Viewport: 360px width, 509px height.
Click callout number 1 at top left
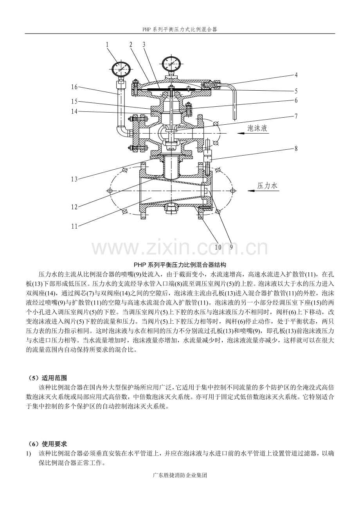click(x=107, y=45)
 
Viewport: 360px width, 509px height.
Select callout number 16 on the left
click(x=74, y=87)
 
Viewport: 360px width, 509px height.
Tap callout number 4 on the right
click(x=296, y=74)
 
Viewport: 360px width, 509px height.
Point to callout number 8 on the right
click(x=296, y=149)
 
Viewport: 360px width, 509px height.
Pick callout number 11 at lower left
click(x=74, y=226)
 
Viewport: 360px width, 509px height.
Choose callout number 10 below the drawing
click(x=218, y=247)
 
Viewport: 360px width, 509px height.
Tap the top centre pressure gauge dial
click(x=171, y=64)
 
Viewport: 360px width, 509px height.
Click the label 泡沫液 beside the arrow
click(x=257, y=128)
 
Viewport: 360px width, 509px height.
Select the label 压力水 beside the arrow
click(x=267, y=186)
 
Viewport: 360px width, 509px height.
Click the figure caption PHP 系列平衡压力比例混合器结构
click(x=180, y=264)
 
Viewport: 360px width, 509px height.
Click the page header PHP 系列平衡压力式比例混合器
click(x=180, y=29)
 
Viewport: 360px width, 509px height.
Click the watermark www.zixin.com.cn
click(x=180, y=248)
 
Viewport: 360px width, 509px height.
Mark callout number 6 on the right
click(x=296, y=100)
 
